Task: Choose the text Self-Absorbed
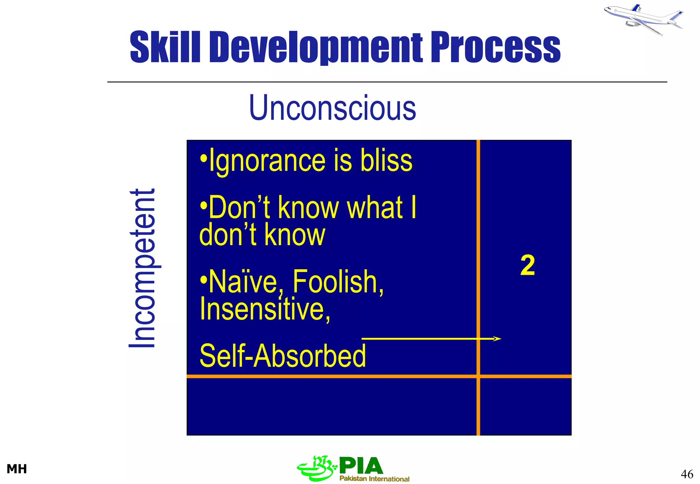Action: (282, 356)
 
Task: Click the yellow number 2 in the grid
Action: (527, 266)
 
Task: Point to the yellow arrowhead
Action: (497, 339)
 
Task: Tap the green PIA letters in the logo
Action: (361, 466)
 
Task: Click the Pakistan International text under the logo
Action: (374, 479)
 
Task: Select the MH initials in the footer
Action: (17, 469)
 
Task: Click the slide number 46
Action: (687, 474)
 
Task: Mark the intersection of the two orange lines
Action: (478, 376)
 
